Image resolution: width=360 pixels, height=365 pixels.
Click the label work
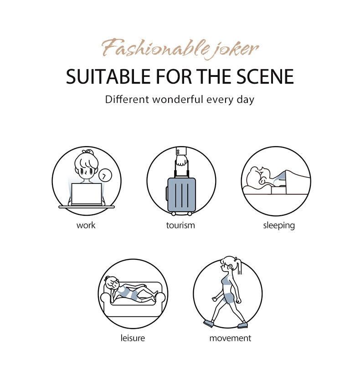pos(86,225)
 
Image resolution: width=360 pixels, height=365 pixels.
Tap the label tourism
pos(180,225)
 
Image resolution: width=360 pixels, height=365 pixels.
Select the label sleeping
pos(279,226)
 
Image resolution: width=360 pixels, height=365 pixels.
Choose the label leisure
pos(133,338)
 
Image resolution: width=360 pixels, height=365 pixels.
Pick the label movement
pos(230,338)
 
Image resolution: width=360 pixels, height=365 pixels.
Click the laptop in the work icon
pos(87,194)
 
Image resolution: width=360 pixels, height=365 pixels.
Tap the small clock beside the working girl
pos(105,176)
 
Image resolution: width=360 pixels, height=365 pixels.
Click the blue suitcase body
pos(181,195)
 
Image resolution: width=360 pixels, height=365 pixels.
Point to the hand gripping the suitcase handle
pos(181,160)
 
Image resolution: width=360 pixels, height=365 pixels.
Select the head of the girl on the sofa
pos(112,284)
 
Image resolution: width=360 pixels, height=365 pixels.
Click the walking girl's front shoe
pos(242,325)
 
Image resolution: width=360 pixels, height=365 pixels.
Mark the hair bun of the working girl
pos(88,152)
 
